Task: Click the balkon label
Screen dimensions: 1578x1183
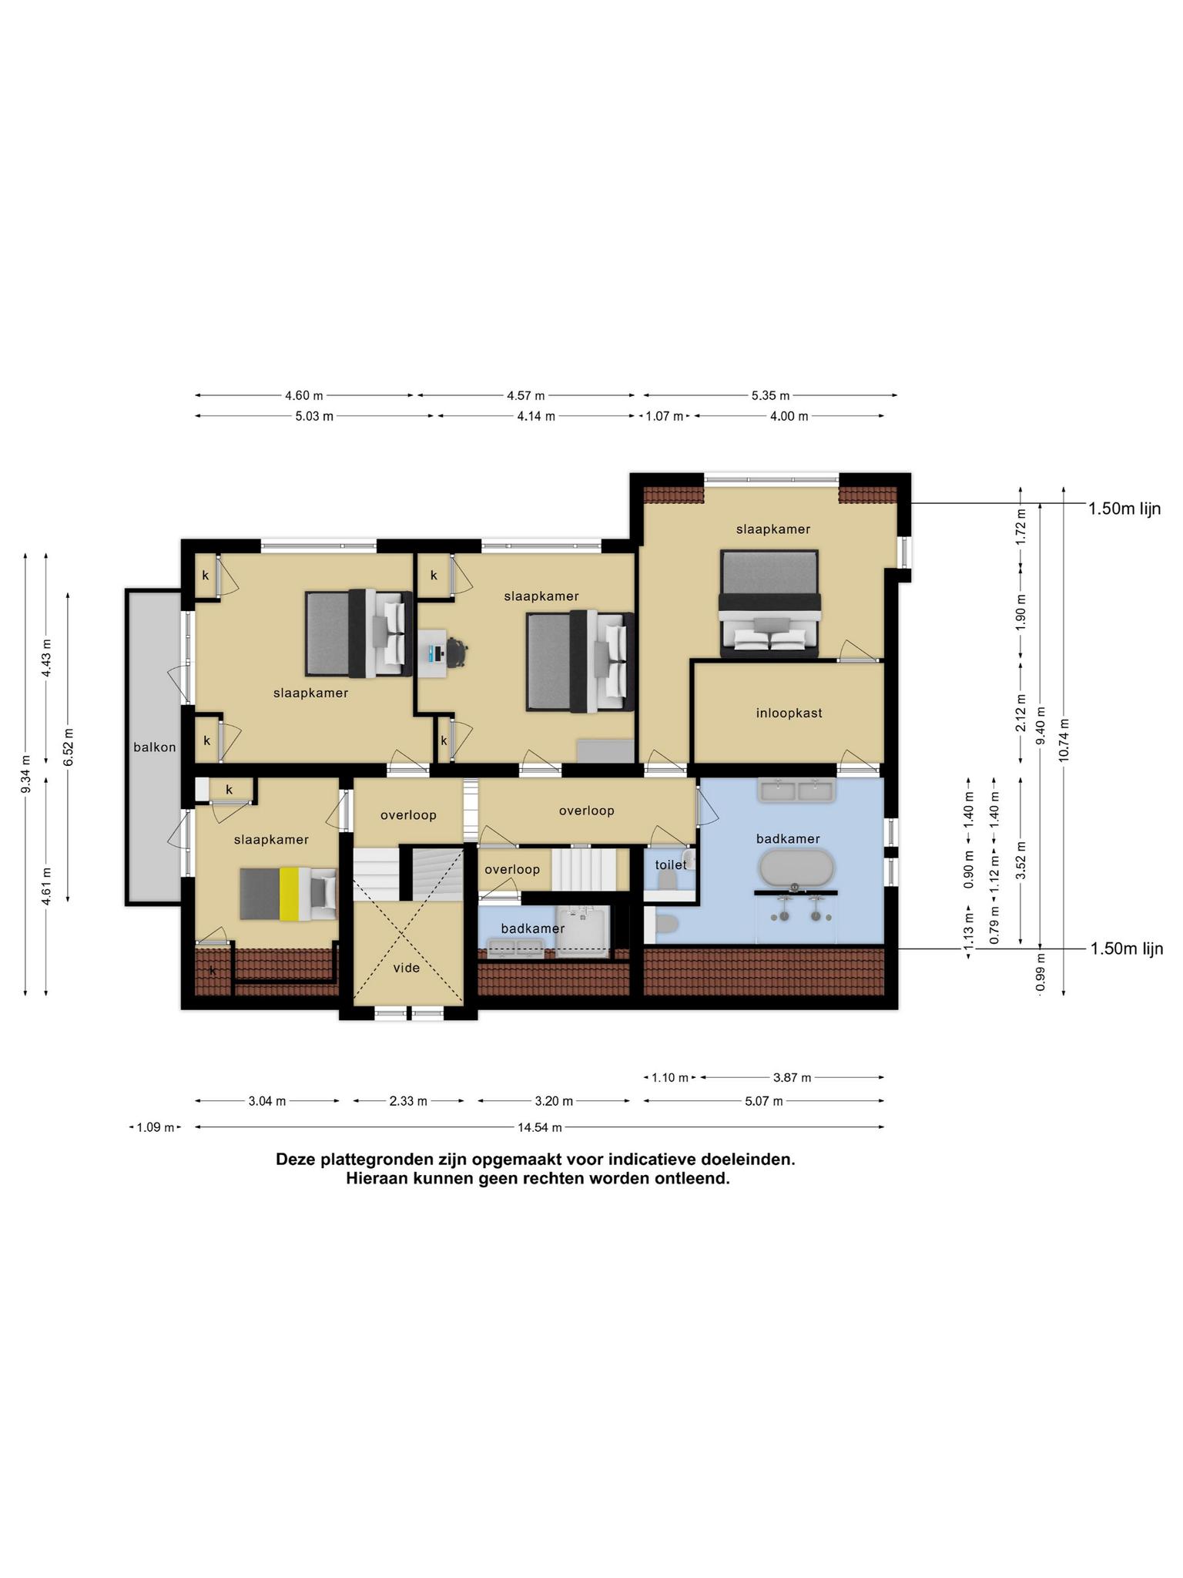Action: [154, 747]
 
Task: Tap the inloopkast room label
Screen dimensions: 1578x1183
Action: [789, 713]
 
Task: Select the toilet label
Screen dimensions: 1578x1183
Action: [670, 865]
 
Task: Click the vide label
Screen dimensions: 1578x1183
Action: [406, 968]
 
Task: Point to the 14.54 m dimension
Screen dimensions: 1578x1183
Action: [539, 1127]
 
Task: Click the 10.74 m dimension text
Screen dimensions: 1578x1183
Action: [1064, 740]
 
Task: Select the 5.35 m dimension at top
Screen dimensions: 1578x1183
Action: [770, 396]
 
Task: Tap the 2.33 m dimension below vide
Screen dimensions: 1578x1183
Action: [408, 1101]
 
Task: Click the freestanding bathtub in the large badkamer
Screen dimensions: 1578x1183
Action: [796, 868]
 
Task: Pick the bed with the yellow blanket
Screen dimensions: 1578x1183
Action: [288, 894]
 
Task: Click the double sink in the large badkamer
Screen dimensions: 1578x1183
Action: [797, 791]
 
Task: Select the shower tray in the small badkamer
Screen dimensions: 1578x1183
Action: [582, 932]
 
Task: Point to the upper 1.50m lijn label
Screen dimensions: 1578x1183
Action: [1124, 509]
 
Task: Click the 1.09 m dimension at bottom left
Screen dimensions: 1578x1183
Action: [155, 1127]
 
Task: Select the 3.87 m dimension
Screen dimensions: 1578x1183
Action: [792, 1078]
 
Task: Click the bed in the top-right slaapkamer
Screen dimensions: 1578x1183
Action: [769, 603]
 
